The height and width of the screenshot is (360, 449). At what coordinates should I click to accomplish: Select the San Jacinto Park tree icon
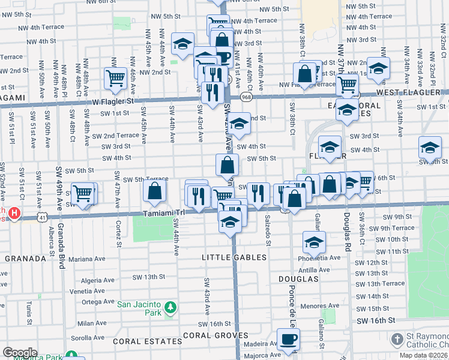pos(170,307)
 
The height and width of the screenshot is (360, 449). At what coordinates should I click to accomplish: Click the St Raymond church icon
pos(397,340)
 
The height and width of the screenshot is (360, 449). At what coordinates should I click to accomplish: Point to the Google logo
pos(20,352)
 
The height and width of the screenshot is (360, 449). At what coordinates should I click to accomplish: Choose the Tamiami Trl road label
pos(163,213)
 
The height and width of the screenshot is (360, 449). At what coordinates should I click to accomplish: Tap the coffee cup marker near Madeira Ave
pos(288,338)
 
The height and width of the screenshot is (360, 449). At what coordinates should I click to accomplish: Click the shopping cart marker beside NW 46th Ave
pos(114,77)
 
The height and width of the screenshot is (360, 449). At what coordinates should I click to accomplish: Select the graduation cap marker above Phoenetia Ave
pos(313,242)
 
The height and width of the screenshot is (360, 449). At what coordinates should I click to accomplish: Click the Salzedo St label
pos(268,224)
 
